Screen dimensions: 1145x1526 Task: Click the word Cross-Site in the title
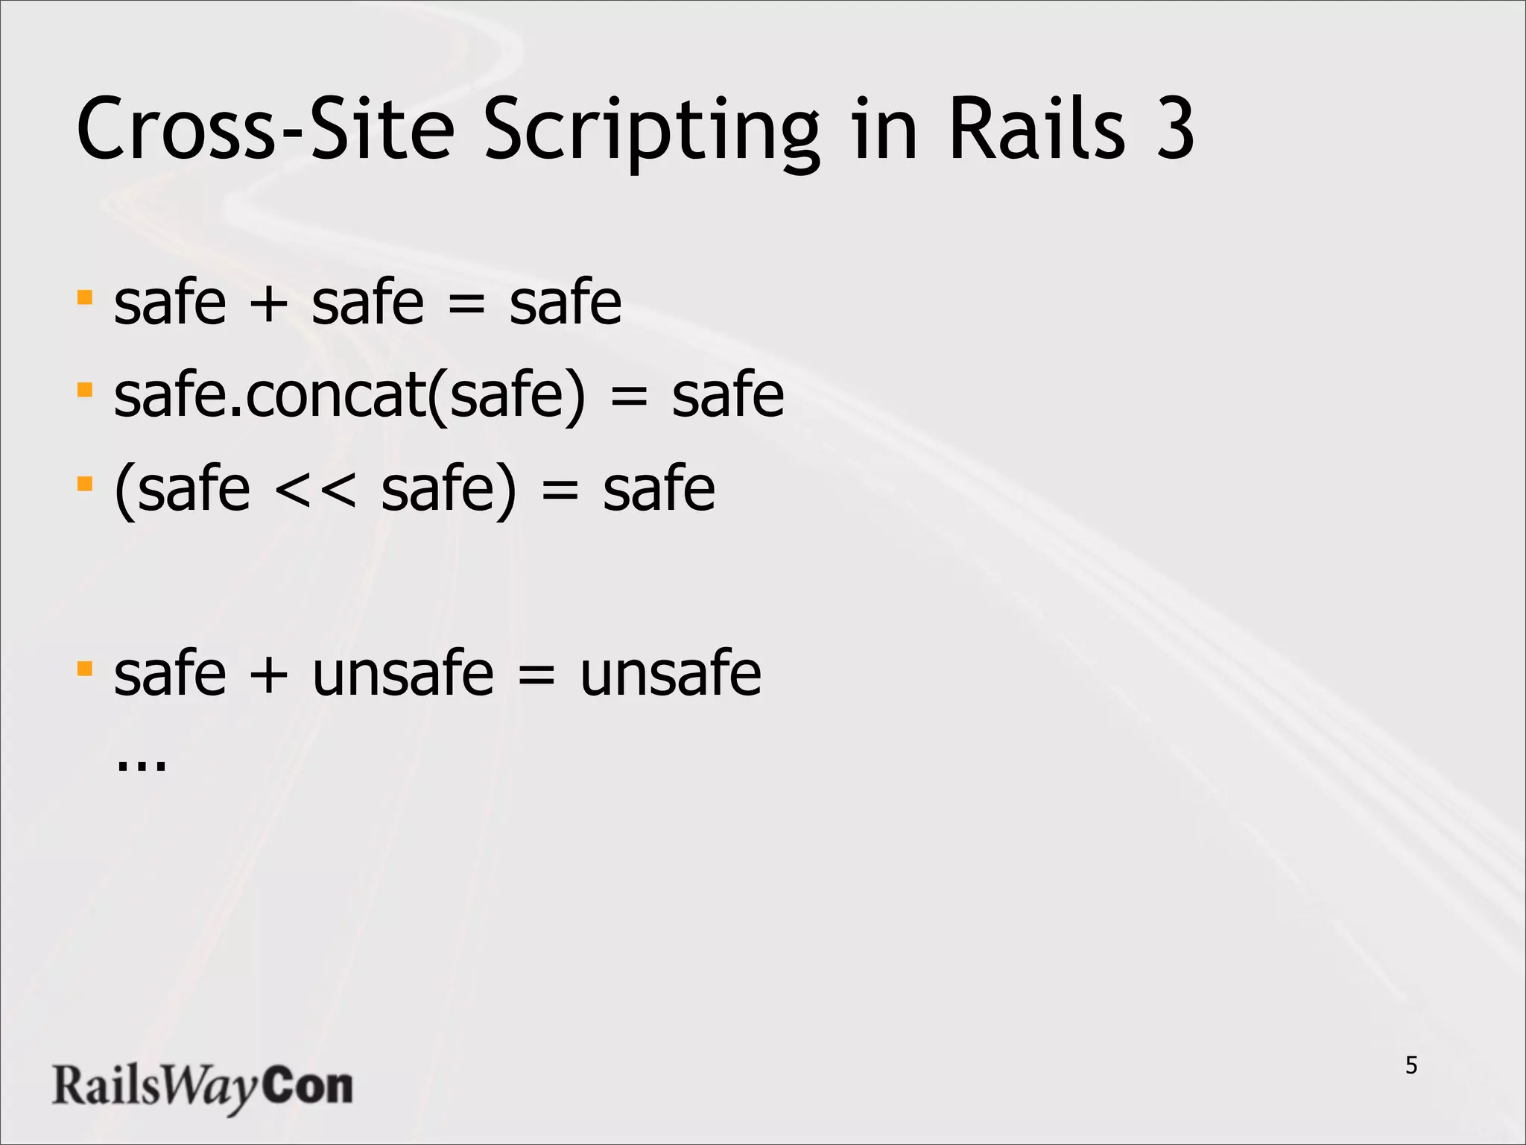coord(265,128)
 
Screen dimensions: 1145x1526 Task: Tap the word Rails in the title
coord(1036,128)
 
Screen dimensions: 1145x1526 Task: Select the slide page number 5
coord(1411,1065)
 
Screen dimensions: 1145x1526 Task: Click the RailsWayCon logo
coord(202,1086)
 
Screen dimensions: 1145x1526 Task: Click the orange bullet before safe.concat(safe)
coord(85,390)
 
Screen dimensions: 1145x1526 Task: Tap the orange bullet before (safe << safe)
coord(85,485)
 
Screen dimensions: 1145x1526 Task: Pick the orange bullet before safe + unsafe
coord(85,668)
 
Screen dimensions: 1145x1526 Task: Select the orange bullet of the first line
coord(85,298)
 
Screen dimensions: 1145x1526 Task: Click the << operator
coord(315,491)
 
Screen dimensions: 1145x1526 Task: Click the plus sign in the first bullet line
coord(268,304)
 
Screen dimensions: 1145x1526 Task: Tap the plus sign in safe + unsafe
coord(268,675)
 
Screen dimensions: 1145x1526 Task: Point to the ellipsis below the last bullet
coord(142,766)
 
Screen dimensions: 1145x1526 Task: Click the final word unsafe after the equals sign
coord(671,673)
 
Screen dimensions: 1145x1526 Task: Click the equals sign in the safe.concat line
coord(629,397)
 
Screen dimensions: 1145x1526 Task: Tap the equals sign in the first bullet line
coord(466,304)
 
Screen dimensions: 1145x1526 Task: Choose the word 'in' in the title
coord(884,128)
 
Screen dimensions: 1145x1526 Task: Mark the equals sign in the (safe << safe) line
coord(560,491)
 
